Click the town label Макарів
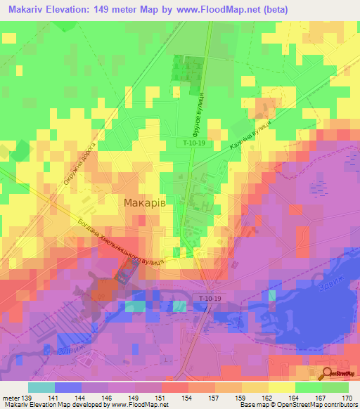144,202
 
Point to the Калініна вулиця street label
249,136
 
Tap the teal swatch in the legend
41,387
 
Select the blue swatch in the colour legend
67,387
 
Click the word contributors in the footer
341,405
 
